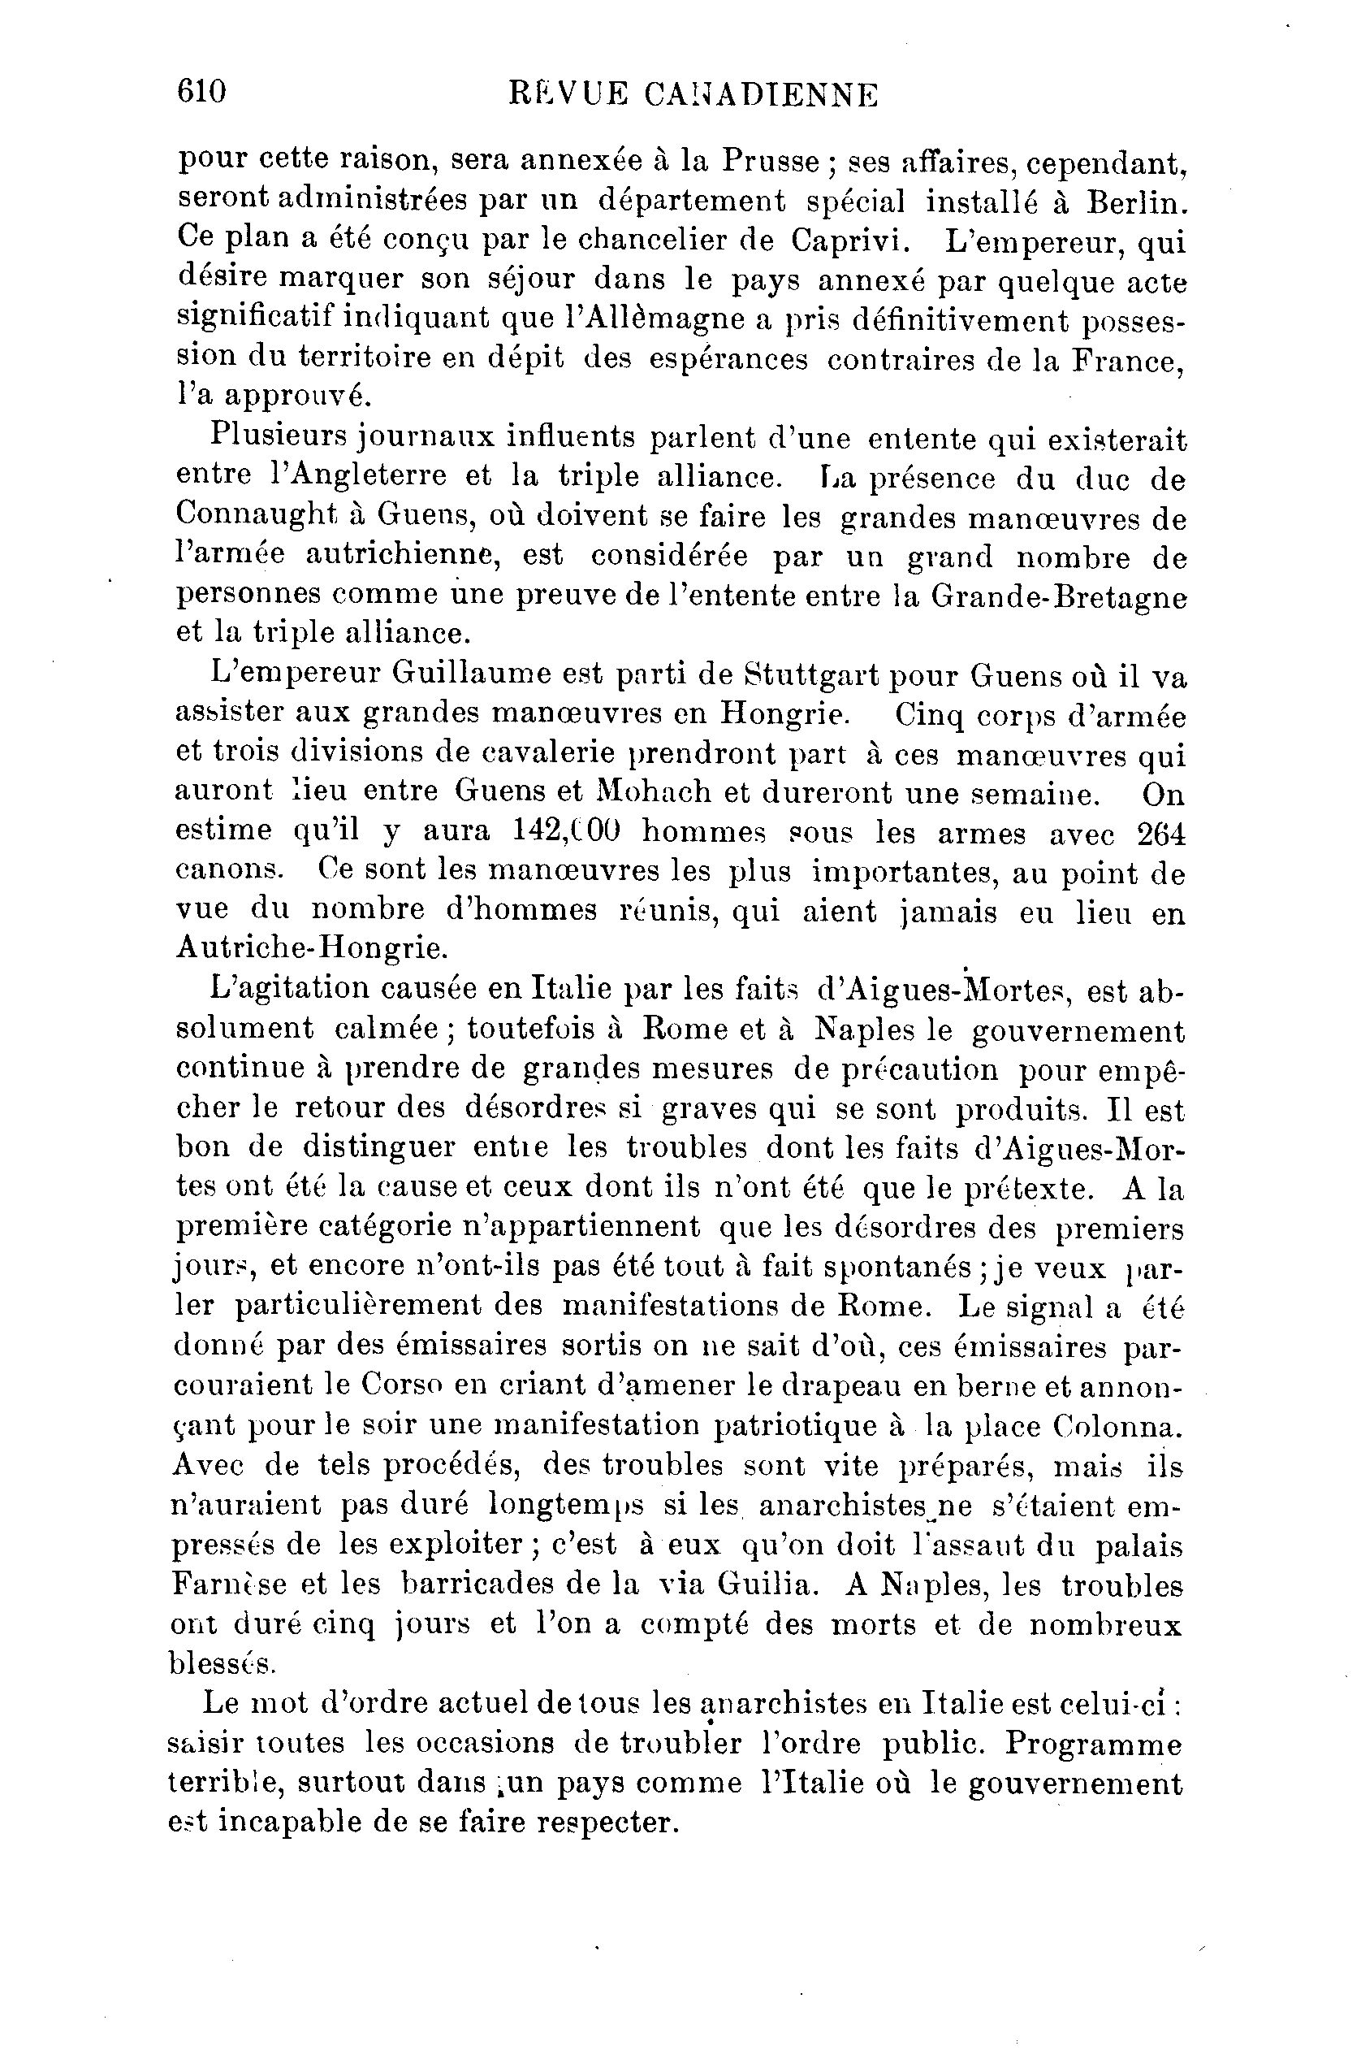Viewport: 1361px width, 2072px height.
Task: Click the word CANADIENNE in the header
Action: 762,94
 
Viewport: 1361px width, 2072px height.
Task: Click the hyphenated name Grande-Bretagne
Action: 1058,596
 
